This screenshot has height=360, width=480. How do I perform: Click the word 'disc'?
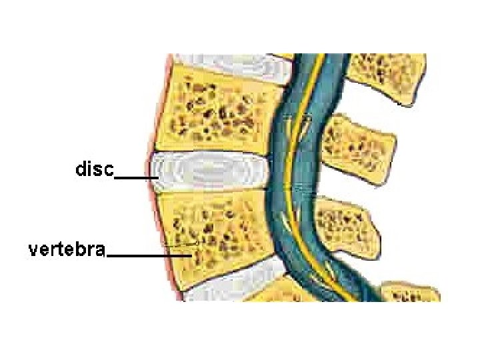pyautogui.click(x=95, y=169)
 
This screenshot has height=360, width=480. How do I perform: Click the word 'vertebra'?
pyautogui.click(x=67, y=250)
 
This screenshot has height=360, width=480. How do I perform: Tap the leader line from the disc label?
pyautogui.click(x=137, y=178)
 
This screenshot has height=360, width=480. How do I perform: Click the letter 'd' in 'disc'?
pyautogui.click(x=81, y=169)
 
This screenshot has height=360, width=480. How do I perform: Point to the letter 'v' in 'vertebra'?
pyautogui.click(x=33, y=251)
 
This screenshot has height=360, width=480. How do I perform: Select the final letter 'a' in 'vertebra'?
pyautogui.click(x=100, y=251)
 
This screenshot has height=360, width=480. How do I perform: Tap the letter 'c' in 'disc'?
pyautogui.click(x=109, y=170)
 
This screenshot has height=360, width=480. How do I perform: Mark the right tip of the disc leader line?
pyautogui.click(x=157, y=178)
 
